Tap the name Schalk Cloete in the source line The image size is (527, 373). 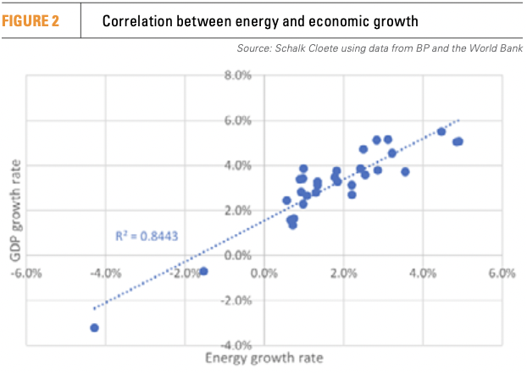click(x=308, y=48)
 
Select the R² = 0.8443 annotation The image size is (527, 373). click(x=145, y=236)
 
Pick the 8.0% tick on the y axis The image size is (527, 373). click(x=239, y=76)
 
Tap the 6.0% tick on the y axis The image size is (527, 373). click(x=239, y=121)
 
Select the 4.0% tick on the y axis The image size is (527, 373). click(x=239, y=166)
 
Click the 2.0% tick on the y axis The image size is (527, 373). click(x=239, y=210)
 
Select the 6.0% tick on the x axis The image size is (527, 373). click(x=502, y=273)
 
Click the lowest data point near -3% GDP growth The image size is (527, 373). click(x=94, y=327)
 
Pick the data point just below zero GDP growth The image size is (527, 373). click(x=203, y=271)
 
